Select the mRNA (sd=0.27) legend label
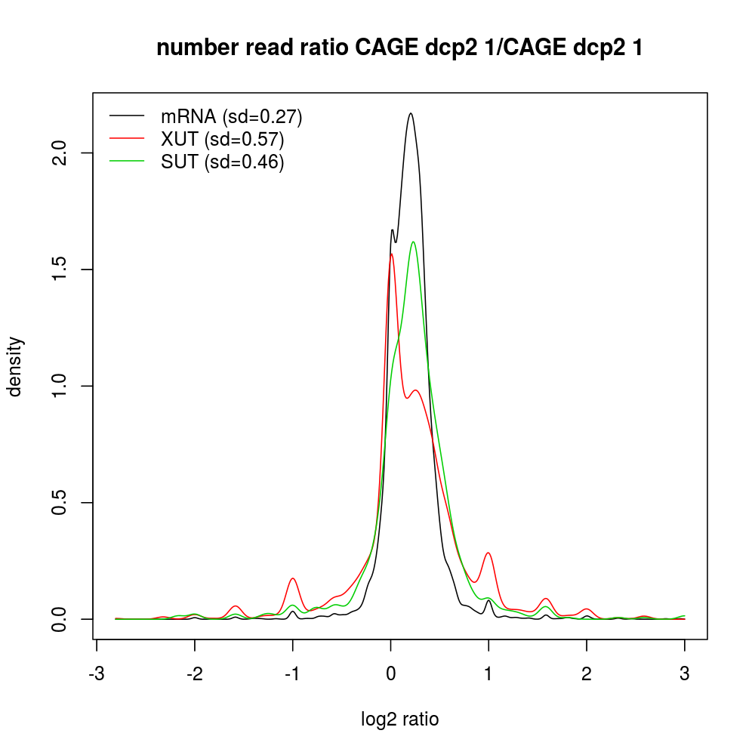coord(231,116)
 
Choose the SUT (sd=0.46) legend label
coord(222,162)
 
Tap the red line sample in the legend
coord(127,139)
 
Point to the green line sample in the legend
coord(127,162)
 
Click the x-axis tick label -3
coord(96,674)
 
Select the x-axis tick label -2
coord(194,674)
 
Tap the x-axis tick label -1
coord(292,674)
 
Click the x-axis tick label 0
coord(390,674)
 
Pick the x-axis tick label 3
coord(685,674)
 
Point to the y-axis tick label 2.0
coord(63,153)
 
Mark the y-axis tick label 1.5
coord(63,270)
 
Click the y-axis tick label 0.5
coord(63,503)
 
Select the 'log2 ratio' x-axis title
coord(400,720)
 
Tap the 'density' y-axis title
coord(17,366)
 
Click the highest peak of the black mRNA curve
coord(411,113)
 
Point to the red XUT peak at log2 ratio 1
coord(488,553)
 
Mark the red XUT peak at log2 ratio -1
coord(292,578)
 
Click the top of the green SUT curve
coord(413,242)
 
